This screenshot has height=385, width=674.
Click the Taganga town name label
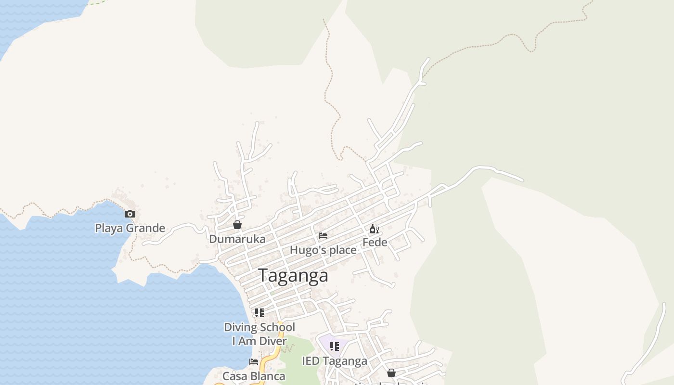pyautogui.click(x=294, y=275)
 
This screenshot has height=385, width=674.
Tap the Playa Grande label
pyautogui.click(x=130, y=228)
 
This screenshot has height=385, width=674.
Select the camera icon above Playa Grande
pyautogui.click(x=130, y=214)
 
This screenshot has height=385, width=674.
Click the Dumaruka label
pyautogui.click(x=237, y=239)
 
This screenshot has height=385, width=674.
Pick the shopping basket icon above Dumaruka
pyautogui.click(x=237, y=225)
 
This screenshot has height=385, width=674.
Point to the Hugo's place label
pyautogui.click(x=323, y=250)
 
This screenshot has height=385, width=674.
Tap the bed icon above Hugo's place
pyautogui.click(x=323, y=236)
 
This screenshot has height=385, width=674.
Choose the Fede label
pyautogui.click(x=375, y=242)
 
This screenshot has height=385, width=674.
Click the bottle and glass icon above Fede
pyautogui.click(x=374, y=229)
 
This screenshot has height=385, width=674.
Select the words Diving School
pyautogui.click(x=259, y=327)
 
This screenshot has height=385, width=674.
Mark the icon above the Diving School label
pyautogui.click(x=259, y=313)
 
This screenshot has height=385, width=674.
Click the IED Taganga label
pyautogui.click(x=335, y=361)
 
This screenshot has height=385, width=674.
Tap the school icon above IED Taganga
pyautogui.click(x=335, y=346)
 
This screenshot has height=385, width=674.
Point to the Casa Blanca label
pyautogui.click(x=254, y=376)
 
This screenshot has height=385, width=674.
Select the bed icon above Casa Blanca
pyautogui.click(x=254, y=362)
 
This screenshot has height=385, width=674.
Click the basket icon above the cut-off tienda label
pyautogui.click(x=391, y=373)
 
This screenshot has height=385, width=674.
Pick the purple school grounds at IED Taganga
pyautogui.click(x=325, y=343)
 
